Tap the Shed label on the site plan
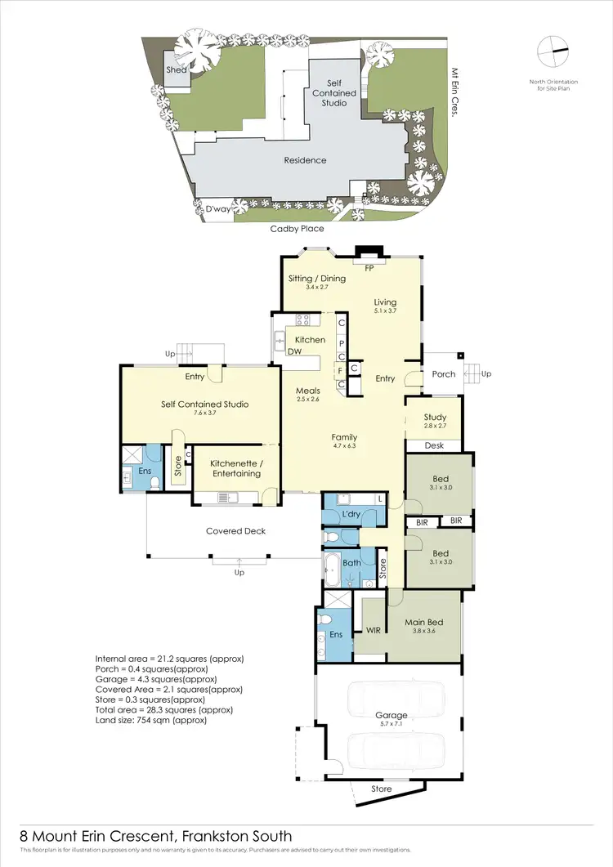coord(176,70)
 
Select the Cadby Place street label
coord(297,229)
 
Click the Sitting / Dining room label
coord(317,279)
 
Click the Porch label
coord(444,375)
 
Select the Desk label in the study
coord(434,445)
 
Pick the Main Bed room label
coord(425,622)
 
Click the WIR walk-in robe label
coord(373,631)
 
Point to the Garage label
coord(392,715)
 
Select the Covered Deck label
coord(235,531)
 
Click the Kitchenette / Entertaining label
coord(235,468)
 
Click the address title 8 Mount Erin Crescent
coord(155,836)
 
